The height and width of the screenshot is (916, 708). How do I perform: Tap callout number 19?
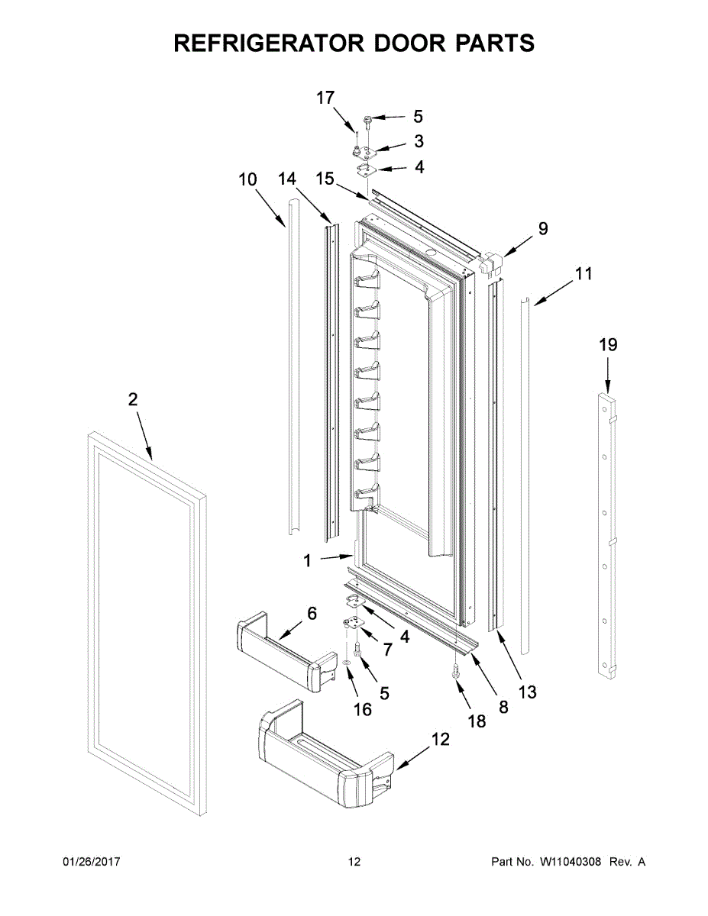coord(608,345)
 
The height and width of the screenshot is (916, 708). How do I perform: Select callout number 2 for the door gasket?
coord(133,398)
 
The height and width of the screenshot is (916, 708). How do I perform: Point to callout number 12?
coord(440,739)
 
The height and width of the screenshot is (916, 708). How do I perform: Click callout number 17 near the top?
coord(325,98)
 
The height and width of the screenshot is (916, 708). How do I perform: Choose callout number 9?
coord(543,227)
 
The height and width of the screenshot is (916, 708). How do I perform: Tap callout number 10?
coord(247,180)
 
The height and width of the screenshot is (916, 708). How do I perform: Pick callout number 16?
coord(363,709)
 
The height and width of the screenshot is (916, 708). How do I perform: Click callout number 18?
coord(477,721)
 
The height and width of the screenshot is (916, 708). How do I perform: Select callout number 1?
coord(307,561)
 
